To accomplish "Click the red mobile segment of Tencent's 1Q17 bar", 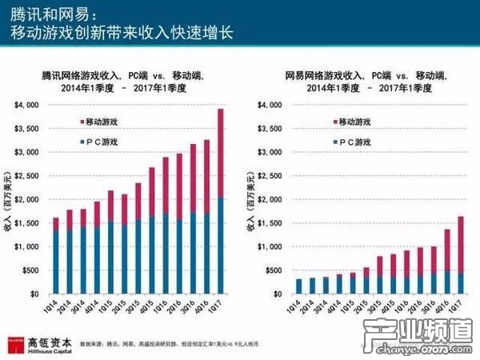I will tap(221, 153).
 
